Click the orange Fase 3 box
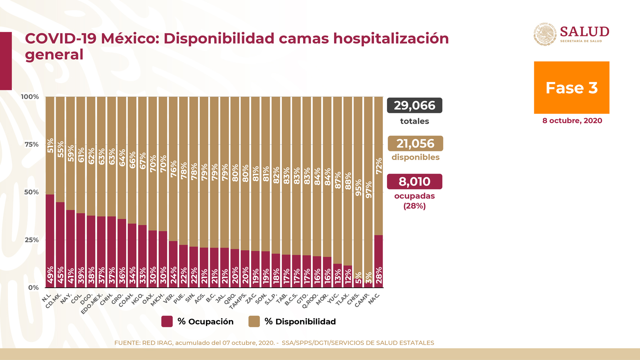tap(571, 87)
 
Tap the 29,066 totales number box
tap(414, 105)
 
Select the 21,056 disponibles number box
tap(415, 144)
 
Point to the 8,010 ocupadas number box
tap(414, 181)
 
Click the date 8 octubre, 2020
tap(572, 121)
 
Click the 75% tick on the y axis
tap(32, 144)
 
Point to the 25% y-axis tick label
tap(32, 240)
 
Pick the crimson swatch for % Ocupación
tap(167, 321)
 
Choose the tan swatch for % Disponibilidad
tap(254, 321)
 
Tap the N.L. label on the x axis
tap(47, 298)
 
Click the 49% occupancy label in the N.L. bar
tap(50, 275)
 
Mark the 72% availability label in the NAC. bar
tap(379, 166)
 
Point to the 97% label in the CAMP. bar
tap(369, 190)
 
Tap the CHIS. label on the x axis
tap(353, 299)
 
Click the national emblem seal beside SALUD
tap(545, 35)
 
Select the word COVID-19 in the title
tap(60, 39)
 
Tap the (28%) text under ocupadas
tap(414, 206)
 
